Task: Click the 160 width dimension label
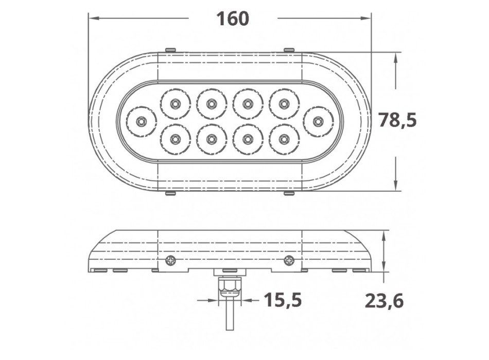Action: pos(232,19)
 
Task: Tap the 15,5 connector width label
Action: pos(282,300)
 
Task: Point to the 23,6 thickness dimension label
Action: pos(384,301)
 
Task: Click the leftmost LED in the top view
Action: pos(141,122)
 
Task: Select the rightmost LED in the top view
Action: pos(318,122)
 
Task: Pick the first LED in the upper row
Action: pos(176,104)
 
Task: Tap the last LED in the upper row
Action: pos(283,104)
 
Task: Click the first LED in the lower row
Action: pos(176,139)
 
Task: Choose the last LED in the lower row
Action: pos(283,139)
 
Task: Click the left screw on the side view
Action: pos(170,261)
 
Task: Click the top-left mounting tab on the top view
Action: pos(170,50)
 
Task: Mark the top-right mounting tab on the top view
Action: pos(289,50)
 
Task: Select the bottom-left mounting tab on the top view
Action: pos(170,194)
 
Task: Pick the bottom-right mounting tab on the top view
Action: pos(289,194)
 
